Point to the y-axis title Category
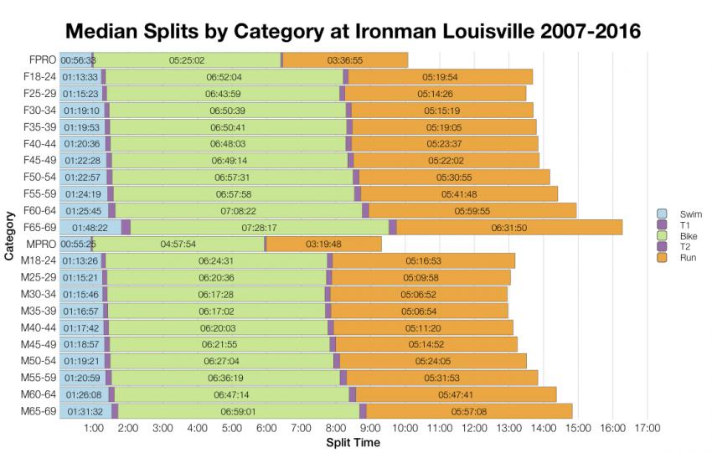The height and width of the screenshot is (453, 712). coord(9,235)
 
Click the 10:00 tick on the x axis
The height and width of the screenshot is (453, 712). coord(405,429)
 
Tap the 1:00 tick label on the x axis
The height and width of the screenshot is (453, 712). coord(94,429)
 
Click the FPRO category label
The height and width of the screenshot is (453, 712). coord(42,60)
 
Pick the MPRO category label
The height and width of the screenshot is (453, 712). coord(41,244)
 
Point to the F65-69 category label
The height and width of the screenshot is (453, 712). coord(39,227)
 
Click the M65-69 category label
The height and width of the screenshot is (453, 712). coord(39,410)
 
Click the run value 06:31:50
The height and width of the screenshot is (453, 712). coord(508,227)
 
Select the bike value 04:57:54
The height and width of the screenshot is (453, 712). coord(178,244)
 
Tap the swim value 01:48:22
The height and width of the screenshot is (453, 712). coord(90,227)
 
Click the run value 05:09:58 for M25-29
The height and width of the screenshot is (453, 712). coord(421,277)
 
